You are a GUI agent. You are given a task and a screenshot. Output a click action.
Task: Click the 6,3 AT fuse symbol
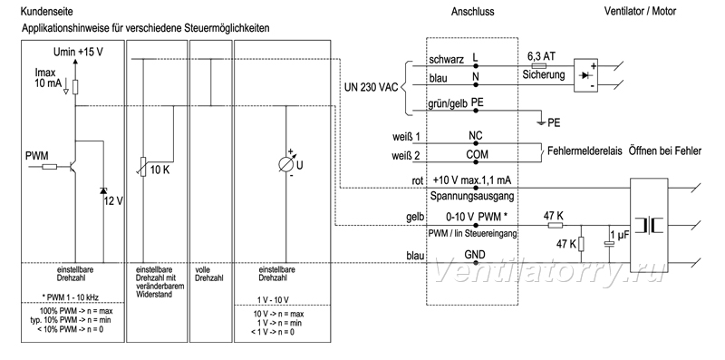coord(538,66)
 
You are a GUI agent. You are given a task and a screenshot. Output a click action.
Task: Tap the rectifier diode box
coord(585,75)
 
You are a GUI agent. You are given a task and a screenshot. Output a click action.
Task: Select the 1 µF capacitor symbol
coord(610,243)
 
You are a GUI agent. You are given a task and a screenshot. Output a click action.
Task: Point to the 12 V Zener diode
coord(103,190)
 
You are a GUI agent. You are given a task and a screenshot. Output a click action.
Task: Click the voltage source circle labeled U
coord(285,164)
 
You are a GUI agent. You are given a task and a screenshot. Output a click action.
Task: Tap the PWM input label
coord(37,155)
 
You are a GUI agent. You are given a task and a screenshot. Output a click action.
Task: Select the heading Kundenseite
coord(40,11)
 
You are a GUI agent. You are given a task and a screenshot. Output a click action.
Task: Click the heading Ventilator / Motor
coord(640,11)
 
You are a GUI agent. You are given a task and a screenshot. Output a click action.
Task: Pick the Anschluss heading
coord(472,12)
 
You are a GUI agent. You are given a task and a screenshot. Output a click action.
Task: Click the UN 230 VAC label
coord(372,87)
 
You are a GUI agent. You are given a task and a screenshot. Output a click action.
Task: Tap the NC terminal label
coord(475,136)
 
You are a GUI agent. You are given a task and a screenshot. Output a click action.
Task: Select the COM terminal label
coord(477,154)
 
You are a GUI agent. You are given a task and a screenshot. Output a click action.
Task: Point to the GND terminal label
coord(475,254)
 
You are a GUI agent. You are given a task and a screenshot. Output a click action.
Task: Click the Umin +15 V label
coord(82,52)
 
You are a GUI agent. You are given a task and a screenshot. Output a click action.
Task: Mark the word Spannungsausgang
coord(472,196)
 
